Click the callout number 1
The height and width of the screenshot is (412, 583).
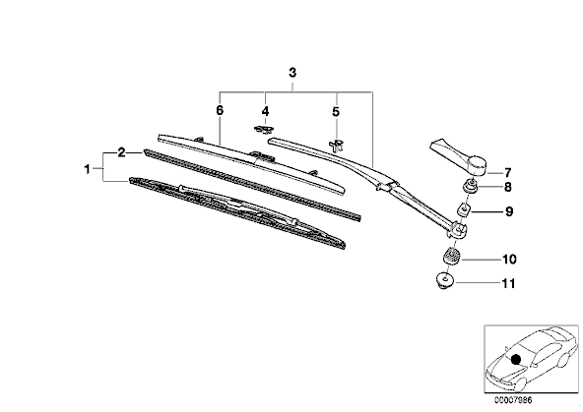tap(87, 170)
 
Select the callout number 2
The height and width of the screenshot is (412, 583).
tap(121, 152)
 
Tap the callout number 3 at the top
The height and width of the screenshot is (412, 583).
tap(292, 73)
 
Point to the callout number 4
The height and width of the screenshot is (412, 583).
tap(265, 111)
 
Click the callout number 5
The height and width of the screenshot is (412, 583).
tap(336, 111)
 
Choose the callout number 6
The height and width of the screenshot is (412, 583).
tap(220, 110)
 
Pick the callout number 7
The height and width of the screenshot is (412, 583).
tap(508, 173)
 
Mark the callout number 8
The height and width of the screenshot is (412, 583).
tap(508, 187)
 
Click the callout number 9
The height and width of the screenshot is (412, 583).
tap(509, 211)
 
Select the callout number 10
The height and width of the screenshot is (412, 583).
tap(509, 259)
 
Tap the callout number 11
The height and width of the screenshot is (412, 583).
tap(508, 283)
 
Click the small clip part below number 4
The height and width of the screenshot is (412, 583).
tap(264, 130)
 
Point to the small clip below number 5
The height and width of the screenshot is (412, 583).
tap(337, 146)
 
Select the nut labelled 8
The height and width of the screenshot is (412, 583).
tap(471, 186)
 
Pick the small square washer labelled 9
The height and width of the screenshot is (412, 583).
tap(464, 210)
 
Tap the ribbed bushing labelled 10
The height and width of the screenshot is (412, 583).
tap(451, 256)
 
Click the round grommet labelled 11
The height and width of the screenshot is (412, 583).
tap(444, 280)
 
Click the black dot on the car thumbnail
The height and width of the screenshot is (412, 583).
tap(516, 359)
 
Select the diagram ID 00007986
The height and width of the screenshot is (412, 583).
tap(513, 400)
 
